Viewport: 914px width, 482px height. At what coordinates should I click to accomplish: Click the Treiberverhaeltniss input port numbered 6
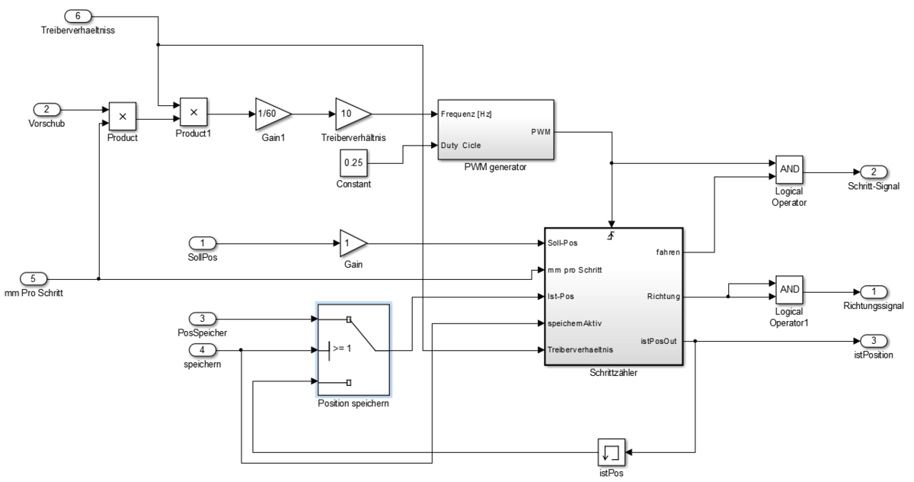(80, 16)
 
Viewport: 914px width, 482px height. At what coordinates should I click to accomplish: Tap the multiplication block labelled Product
(122, 116)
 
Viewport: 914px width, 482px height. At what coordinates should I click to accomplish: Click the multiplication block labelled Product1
(193, 112)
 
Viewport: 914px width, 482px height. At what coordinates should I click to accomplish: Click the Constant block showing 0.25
(352, 162)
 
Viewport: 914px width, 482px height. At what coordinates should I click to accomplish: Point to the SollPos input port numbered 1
(202, 243)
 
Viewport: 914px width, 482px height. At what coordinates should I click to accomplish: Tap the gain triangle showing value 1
(352, 243)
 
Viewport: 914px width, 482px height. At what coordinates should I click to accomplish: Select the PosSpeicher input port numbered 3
(203, 318)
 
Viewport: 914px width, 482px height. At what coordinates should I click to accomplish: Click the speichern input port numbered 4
(203, 350)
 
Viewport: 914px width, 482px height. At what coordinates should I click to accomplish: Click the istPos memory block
(611, 451)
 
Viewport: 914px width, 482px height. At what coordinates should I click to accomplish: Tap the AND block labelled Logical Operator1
(788, 290)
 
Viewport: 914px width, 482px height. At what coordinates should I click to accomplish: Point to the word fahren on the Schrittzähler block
(666, 252)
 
